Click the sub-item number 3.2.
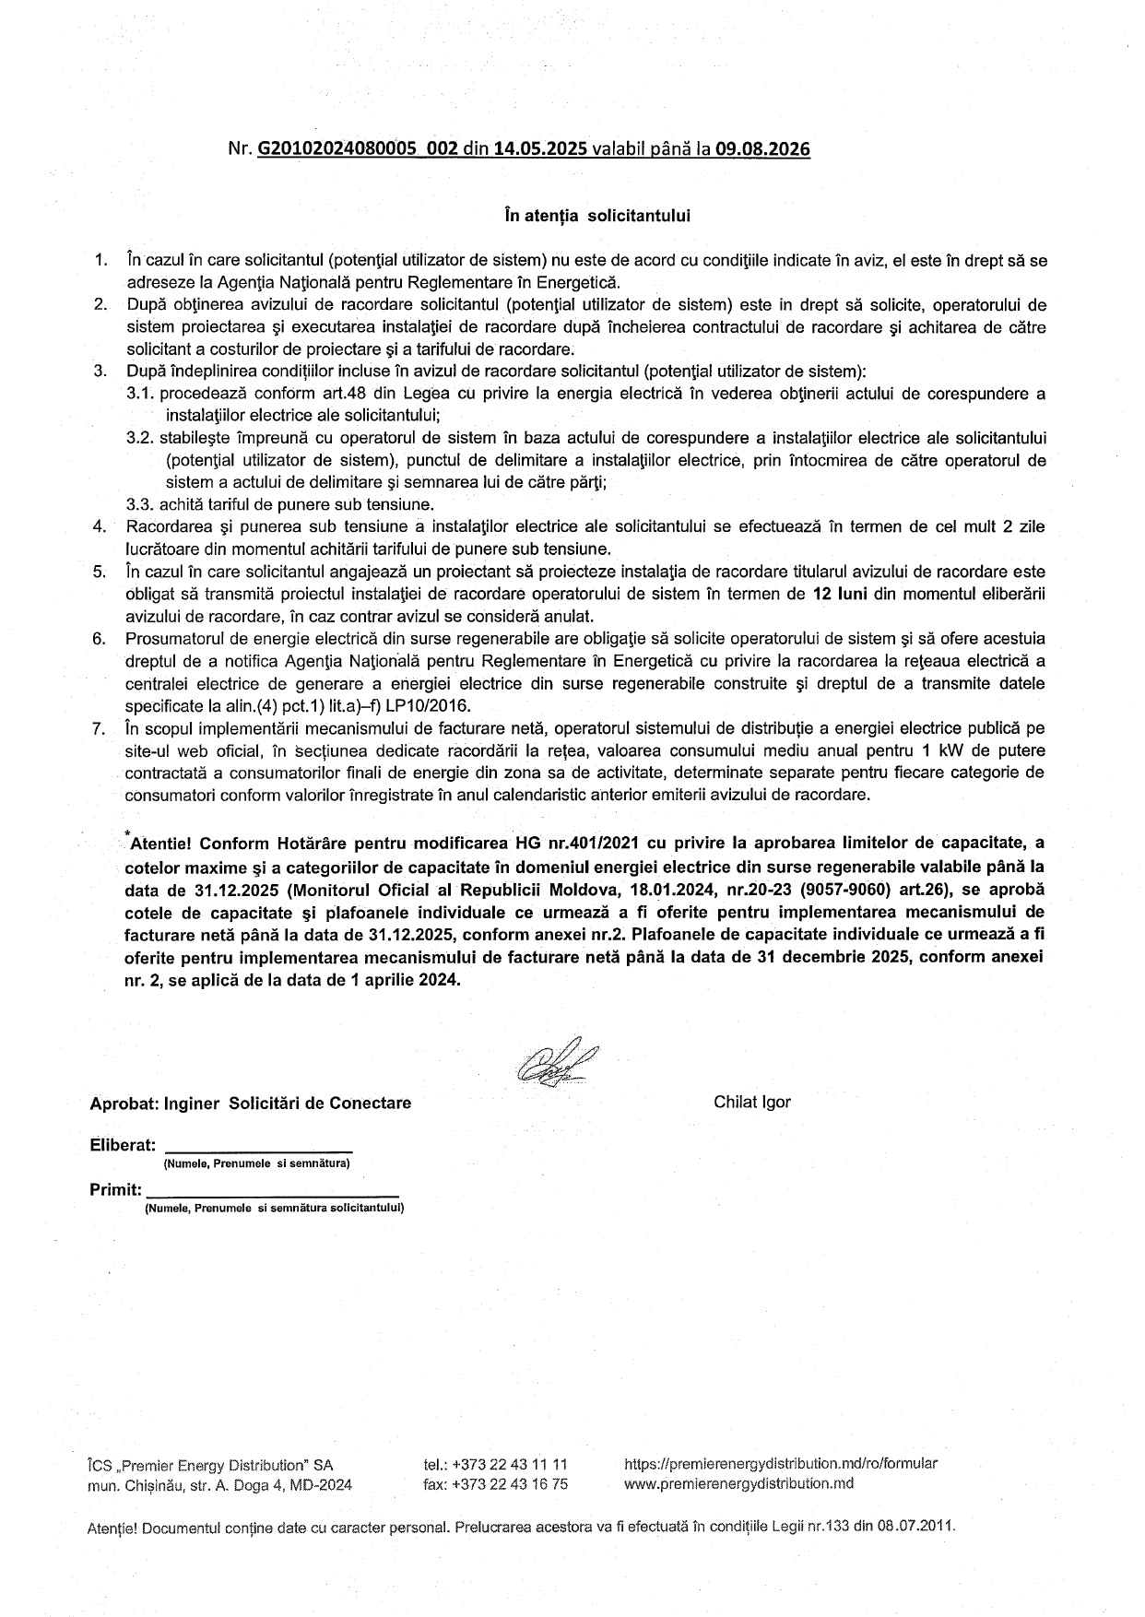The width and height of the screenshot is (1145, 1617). pyautogui.click(x=140, y=438)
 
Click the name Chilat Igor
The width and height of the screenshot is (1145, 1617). pyautogui.click(x=751, y=1102)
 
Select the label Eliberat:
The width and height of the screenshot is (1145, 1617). pyautogui.click(x=123, y=1145)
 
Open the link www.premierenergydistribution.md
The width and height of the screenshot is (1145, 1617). pyautogui.click(x=738, y=1483)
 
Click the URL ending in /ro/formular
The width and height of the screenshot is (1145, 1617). pyautogui.click(x=781, y=1463)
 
